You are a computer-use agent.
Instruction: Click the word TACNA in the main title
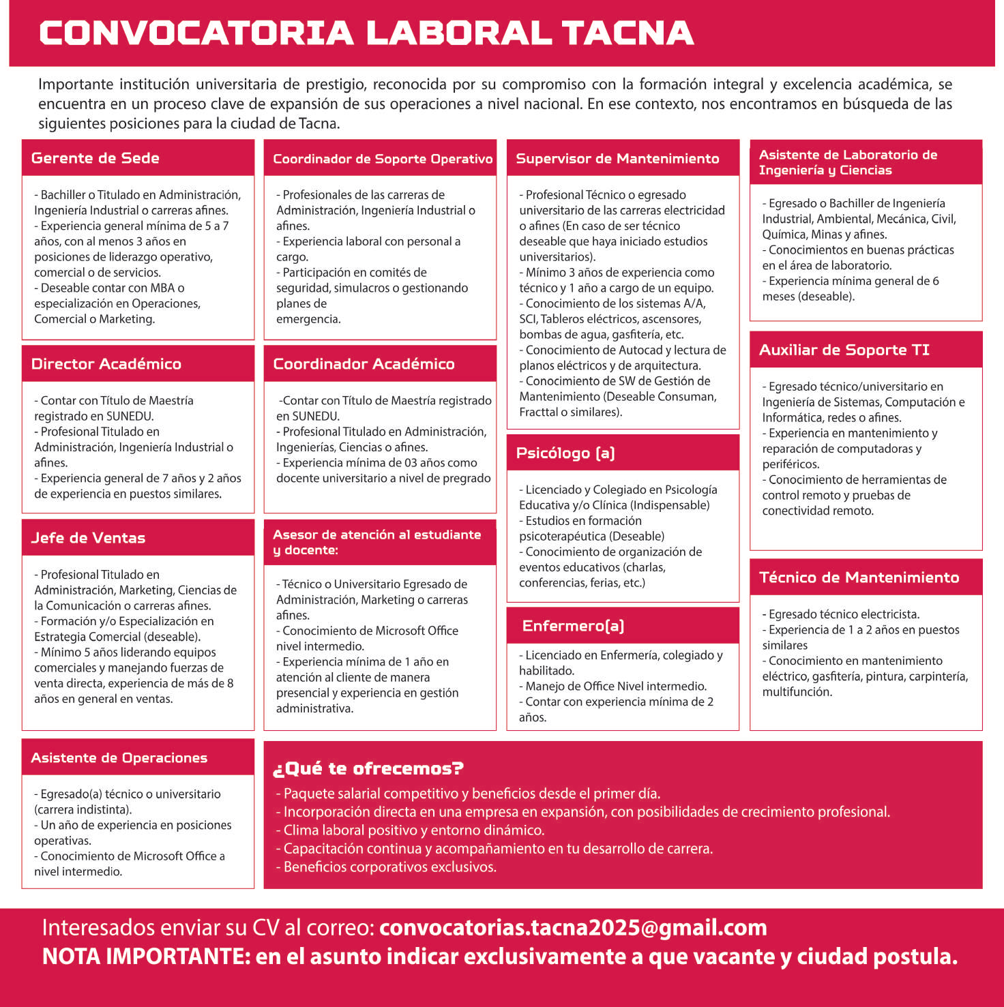[627, 33]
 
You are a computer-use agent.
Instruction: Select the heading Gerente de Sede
[95, 158]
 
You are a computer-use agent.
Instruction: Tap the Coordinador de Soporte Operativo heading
[382, 159]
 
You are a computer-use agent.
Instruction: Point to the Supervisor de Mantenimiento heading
[617, 159]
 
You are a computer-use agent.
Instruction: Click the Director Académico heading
[106, 364]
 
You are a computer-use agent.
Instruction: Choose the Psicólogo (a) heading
[565, 453]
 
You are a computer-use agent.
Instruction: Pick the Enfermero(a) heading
[573, 626]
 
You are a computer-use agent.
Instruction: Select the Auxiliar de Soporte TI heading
[844, 350]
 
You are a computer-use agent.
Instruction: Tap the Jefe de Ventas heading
[88, 538]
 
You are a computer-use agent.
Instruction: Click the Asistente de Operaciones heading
[119, 758]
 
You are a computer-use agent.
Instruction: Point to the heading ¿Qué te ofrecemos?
[368, 768]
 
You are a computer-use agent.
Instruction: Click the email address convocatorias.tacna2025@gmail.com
[573, 928]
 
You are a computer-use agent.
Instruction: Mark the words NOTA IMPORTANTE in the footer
[145, 957]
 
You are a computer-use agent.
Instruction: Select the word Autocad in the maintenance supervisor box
[640, 350]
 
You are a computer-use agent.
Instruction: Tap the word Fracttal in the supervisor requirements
[540, 412]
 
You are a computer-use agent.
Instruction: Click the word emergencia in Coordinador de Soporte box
[308, 319]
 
